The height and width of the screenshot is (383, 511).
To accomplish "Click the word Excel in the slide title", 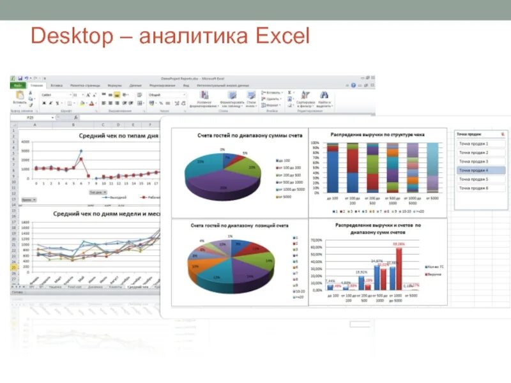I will tap(282, 36).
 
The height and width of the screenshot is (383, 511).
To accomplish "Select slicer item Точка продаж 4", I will tap(473, 170).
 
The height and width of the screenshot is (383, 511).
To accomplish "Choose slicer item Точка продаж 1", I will tap(473, 144).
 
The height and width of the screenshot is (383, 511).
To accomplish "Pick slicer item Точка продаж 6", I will tap(473, 188).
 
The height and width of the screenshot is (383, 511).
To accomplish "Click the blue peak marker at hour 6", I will tap(81, 151).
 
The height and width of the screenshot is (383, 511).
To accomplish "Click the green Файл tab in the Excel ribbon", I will tap(17, 85).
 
